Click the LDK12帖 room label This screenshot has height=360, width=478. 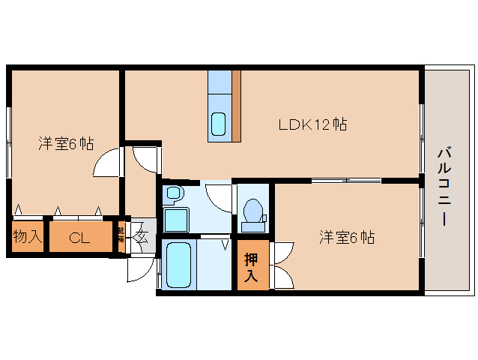click(x=312, y=124)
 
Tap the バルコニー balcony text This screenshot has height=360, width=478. click(x=443, y=186)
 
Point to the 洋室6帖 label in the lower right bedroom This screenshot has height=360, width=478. click(x=346, y=238)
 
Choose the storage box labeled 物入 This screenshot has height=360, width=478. click(x=27, y=238)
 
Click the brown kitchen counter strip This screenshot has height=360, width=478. click(x=236, y=106)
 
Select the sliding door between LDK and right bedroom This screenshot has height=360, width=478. click(x=346, y=181)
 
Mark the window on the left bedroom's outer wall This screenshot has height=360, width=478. click(x=8, y=142)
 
